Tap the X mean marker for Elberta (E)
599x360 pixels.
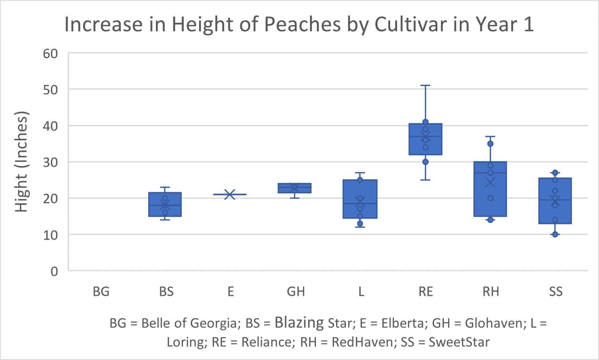[230, 194]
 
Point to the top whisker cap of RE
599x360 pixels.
[425, 86]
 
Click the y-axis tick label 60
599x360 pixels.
[50, 54]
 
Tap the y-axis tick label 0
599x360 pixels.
[54, 271]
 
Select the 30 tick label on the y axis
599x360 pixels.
[50, 162]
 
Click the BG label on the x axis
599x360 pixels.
[101, 291]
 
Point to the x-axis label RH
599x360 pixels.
[491, 291]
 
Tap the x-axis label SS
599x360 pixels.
[555, 291]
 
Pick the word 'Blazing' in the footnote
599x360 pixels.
[299, 322]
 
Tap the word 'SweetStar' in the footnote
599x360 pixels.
[459, 342]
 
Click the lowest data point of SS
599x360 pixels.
[555, 235]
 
